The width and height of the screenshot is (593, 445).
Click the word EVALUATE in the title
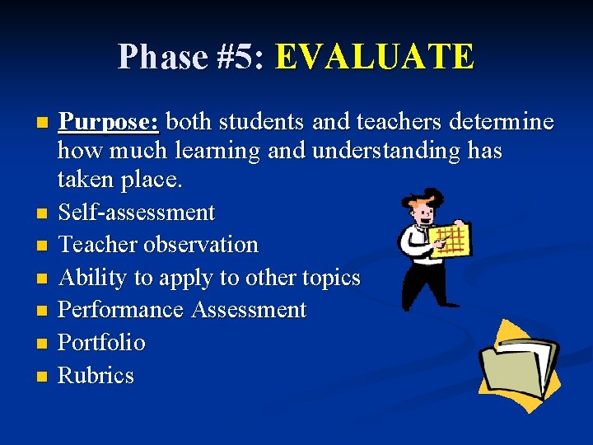point(375,57)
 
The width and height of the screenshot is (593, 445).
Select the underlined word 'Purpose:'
point(109,122)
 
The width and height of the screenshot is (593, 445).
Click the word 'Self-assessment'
point(136,213)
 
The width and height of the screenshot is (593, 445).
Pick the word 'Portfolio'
point(101,342)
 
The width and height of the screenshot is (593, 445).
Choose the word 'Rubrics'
point(96,375)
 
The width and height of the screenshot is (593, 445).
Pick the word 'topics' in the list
point(333,278)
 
